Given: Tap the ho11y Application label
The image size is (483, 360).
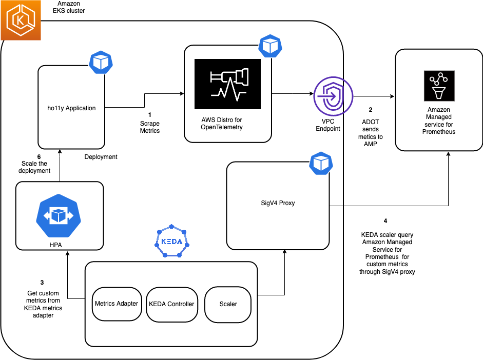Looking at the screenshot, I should click(71, 108).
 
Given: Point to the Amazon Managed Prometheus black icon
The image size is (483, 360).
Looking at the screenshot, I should click(438, 86).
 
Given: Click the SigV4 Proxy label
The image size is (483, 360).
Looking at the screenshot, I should click(278, 203).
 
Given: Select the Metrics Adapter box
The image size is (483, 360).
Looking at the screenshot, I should click(117, 304).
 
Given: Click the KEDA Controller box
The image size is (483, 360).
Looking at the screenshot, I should click(171, 304).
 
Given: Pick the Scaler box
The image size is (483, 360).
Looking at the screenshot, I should click(228, 304).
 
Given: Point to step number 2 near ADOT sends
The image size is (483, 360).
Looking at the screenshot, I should click(370, 110).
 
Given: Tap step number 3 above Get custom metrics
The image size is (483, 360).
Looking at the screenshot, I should click(42, 283).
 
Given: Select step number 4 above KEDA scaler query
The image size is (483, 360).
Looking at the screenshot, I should click(385, 222).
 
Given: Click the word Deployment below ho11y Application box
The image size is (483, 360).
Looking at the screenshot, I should click(101, 157).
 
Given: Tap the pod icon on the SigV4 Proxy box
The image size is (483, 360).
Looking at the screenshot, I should click(321, 163).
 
